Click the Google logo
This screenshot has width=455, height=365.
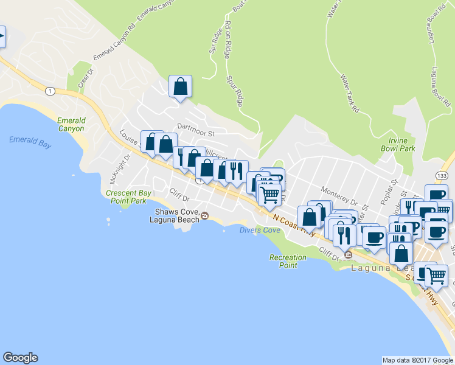point(20,358)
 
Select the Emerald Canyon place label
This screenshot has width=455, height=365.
point(71,124)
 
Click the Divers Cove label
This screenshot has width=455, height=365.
point(260,231)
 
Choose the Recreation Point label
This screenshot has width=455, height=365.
point(283,262)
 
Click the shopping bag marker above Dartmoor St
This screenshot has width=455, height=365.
point(181,86)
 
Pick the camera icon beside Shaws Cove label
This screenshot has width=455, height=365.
point(205,216)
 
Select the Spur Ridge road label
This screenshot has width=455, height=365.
point(235,91)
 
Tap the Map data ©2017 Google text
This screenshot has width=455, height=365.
point(418,360)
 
